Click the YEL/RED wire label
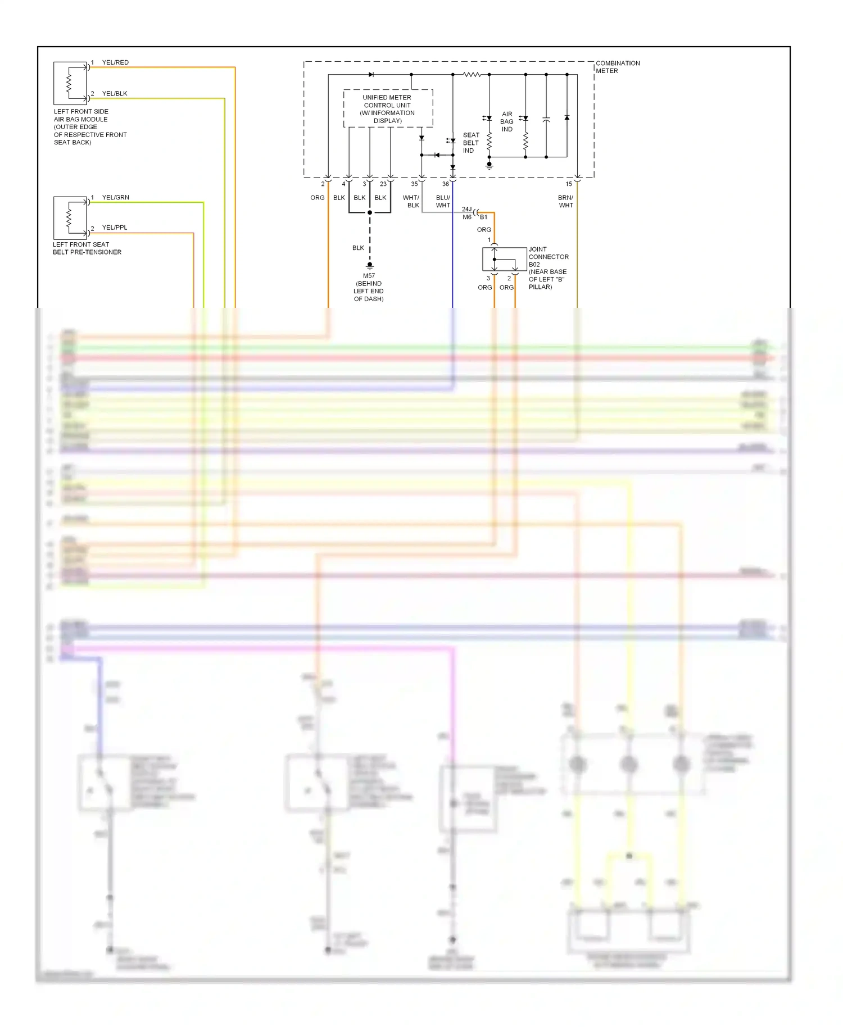(x=115, y=62)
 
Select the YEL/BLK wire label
(x=115, y=93)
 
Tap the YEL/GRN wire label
(x=115, y=197)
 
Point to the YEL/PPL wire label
(x=115, y=228)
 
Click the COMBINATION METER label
(x=618, y=67)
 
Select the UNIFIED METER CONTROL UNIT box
(x=388, y=108)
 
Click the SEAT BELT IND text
(x=470, y=143)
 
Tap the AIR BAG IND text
(x=507, y=121)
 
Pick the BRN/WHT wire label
(x=565, y=201)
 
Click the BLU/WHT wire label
(x=443, y=201)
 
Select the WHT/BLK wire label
(x=411, y=201)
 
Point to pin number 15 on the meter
(x=569, y=184)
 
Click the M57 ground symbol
(x=370, y=265)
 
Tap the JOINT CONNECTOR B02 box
(x=505, y=259)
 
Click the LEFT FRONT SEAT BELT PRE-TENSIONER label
(x=87, y=248)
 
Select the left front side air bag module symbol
(x=70, y=83)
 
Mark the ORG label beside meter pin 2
(x=317, y=198)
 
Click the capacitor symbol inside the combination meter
(x=546, y=120)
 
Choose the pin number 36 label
(x=445, y=184)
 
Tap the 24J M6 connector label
(x=467, y=213)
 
